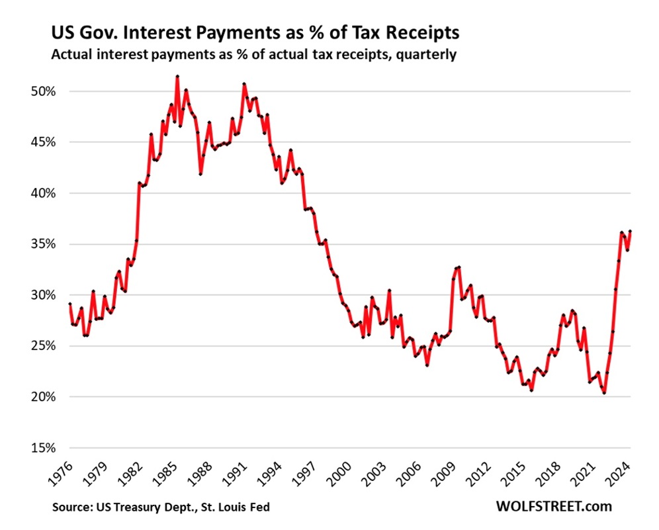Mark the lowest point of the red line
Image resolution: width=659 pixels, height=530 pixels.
[x=604, y=393]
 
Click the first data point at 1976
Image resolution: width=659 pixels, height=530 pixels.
[x=69, y=304]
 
